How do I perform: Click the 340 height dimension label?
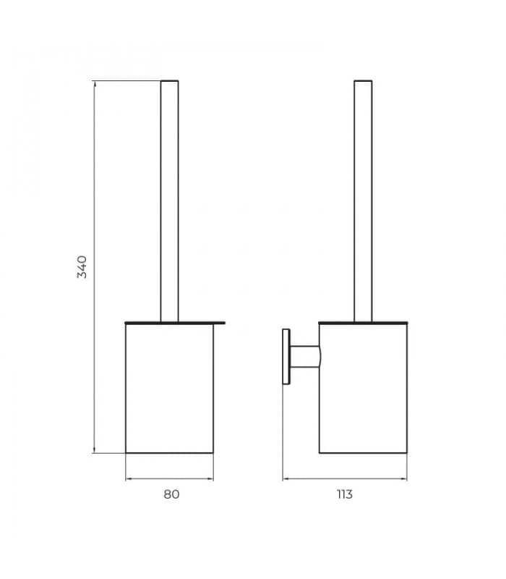(x=82, y=266)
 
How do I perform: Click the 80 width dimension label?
(x=171, y=494)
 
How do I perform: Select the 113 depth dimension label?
(x=345, y=494)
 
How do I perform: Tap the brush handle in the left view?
(x=170, y=201)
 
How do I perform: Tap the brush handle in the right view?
(x=364, y=201)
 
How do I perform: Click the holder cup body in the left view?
(x=170, y=388)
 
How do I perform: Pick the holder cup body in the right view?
(x=364, y=388)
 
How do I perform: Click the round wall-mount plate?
(x=286, y=357)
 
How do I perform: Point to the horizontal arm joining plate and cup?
(x=305, y=357)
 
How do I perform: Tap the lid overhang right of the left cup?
(x=220, y=323)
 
